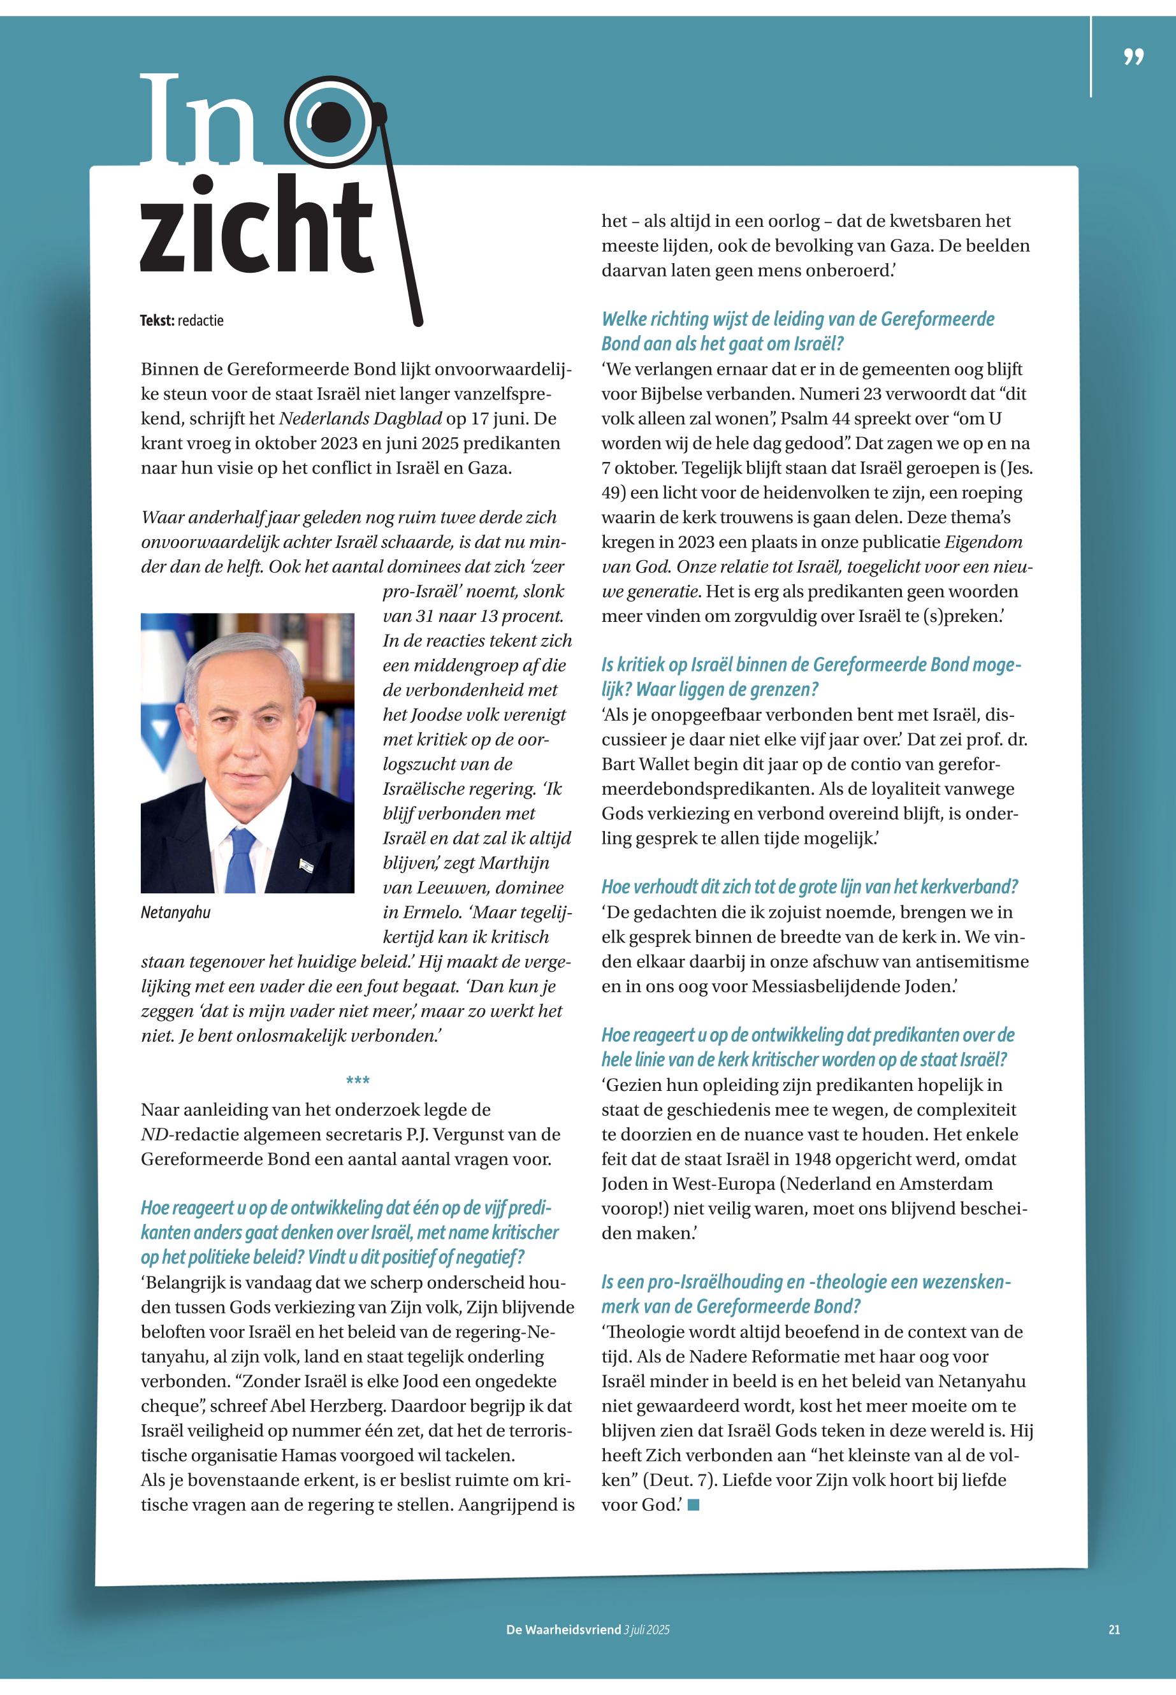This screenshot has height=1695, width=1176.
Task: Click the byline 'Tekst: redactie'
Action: [181, 321]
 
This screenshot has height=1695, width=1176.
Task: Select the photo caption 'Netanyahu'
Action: [175, 912]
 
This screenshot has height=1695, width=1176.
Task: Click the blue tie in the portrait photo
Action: [240, 859]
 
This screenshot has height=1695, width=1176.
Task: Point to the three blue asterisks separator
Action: [358, 1081]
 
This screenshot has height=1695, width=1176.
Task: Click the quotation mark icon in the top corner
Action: [1134, 57]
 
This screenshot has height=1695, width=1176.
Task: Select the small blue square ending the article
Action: [693, 1505]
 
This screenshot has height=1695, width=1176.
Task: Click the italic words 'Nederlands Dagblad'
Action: [360, 419]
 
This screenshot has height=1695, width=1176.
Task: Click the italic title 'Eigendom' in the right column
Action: [984, 542]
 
